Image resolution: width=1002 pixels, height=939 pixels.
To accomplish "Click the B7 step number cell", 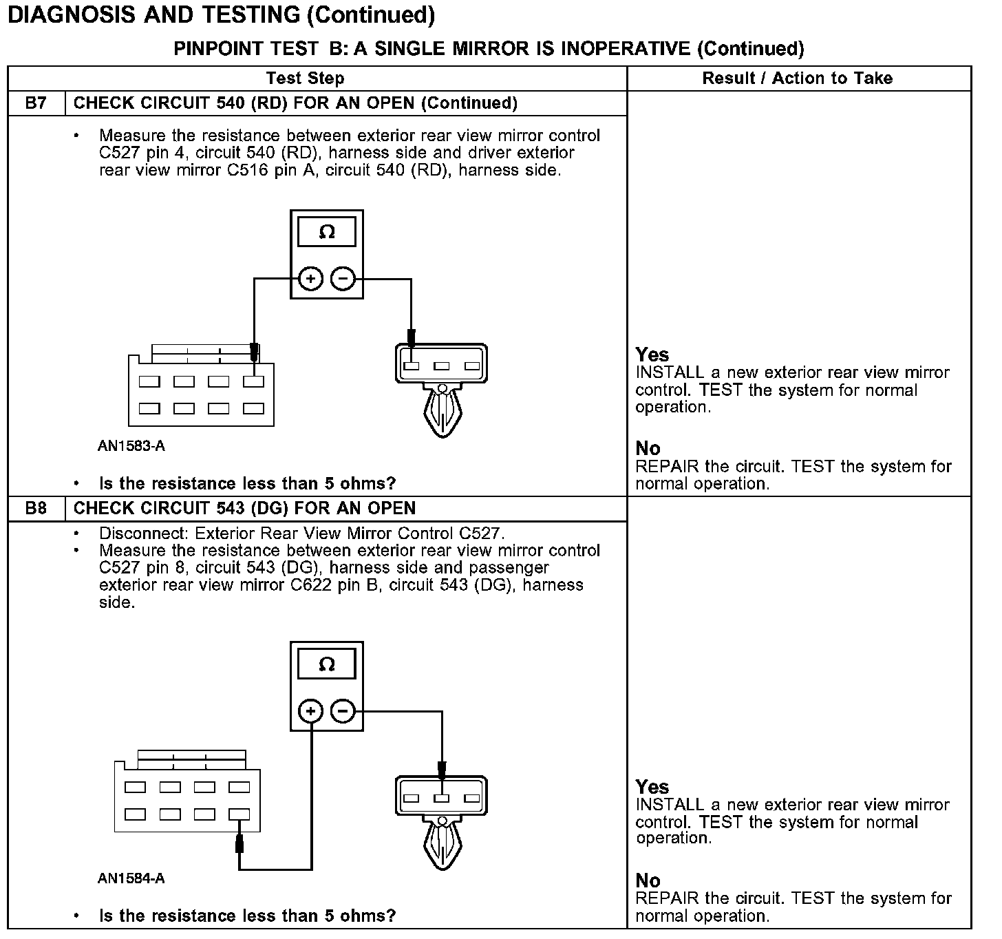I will pos(36,103).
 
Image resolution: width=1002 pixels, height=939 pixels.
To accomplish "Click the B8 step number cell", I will pos(36,509).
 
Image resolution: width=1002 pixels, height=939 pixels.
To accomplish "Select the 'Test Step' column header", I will pos(305,78).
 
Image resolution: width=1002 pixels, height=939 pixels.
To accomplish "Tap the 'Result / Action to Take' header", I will pos(797,78).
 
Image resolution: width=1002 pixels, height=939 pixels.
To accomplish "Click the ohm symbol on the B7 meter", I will pos(327,233).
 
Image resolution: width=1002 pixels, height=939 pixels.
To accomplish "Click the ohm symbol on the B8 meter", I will pos(327,665).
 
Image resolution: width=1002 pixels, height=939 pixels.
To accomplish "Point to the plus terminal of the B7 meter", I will pos(311,279).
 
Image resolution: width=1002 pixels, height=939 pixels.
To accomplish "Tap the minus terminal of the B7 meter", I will pos(343,279).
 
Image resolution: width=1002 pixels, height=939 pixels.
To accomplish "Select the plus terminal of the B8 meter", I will pos(311,711).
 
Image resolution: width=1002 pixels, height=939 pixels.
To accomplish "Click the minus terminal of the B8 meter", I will pos(343,711).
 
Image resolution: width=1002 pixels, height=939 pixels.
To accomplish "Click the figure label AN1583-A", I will pos(131,446).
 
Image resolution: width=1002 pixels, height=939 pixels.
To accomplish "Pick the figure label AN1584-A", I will pos(131,878).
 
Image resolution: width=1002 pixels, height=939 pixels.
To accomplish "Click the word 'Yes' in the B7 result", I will pos(652,355).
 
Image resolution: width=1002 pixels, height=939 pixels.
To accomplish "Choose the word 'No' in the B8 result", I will pos(648,880).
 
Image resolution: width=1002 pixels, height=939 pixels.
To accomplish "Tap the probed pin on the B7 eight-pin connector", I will pos(253,381).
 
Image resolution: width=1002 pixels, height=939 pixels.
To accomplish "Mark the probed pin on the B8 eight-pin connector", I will pos(239,814).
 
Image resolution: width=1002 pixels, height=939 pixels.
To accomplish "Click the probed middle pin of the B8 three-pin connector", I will pos(442,799).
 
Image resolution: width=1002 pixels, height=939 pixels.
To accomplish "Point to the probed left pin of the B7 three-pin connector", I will pos(412,366).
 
